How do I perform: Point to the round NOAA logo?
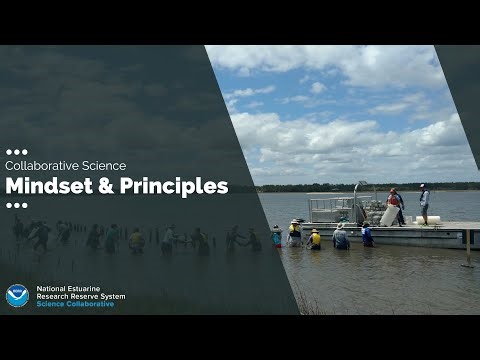17,295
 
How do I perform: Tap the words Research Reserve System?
82,296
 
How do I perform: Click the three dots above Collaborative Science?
16,152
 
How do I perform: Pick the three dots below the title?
16,205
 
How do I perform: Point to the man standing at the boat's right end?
424,203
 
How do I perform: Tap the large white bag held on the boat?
391,215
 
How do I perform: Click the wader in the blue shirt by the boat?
367,236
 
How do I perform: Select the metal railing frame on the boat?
330,207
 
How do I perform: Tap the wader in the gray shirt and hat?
341,237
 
